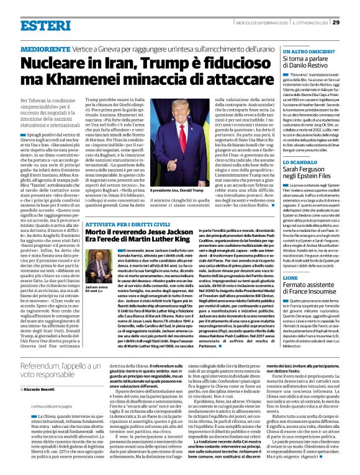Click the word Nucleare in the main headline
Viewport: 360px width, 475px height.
click(55, 66)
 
